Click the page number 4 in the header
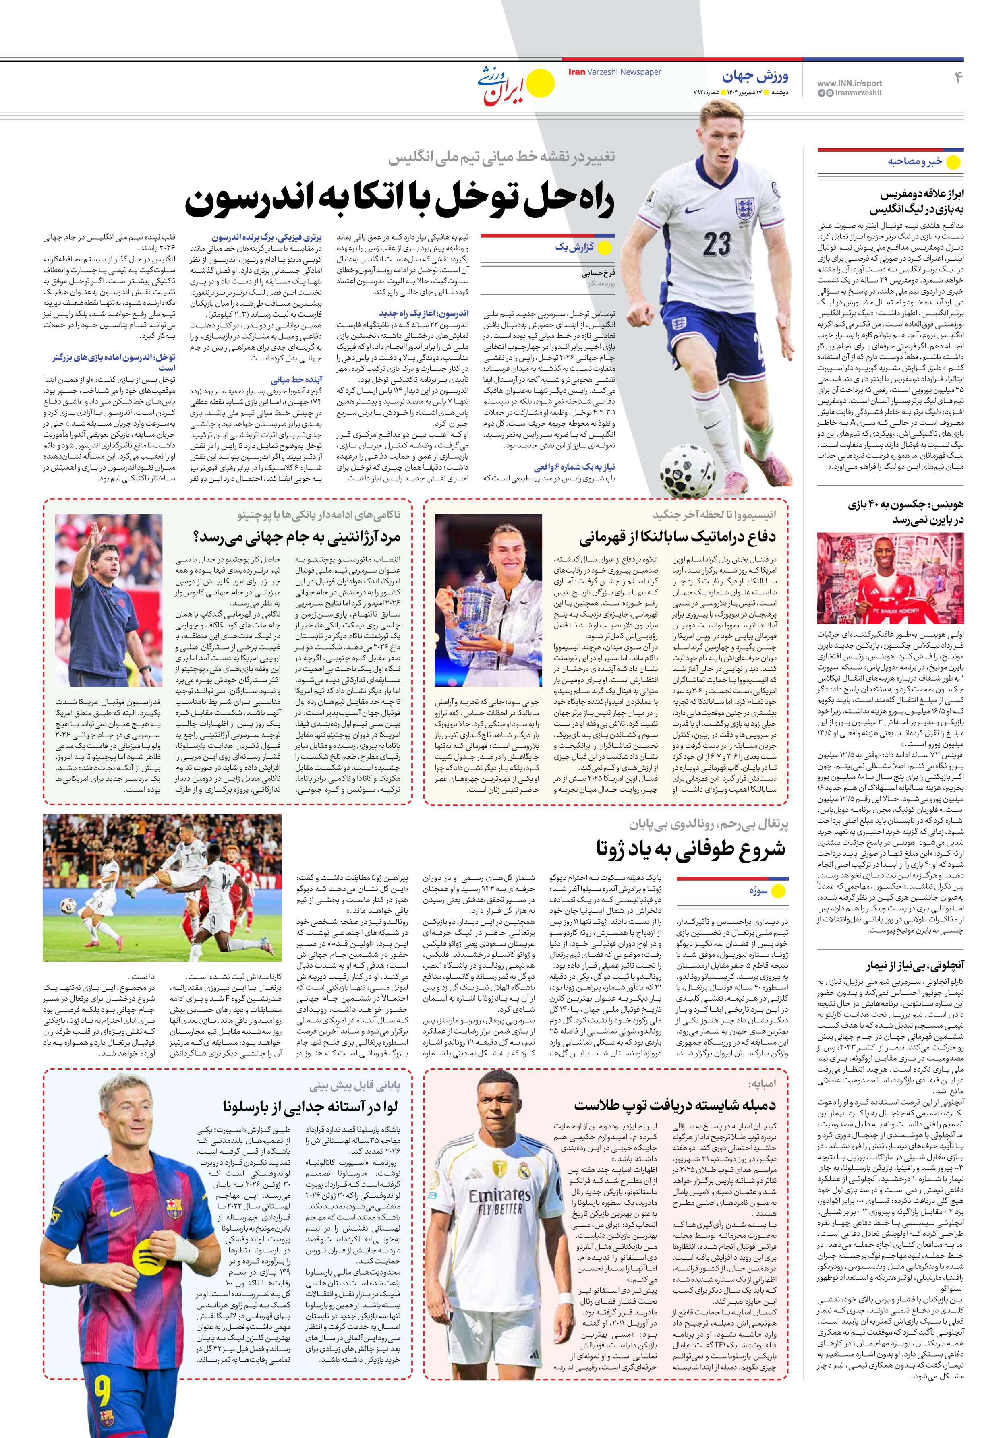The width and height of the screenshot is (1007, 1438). click(957, 78)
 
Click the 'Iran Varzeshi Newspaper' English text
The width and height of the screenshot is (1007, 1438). click(614, 72)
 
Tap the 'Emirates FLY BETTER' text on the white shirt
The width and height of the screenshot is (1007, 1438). click(499, 1212)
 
